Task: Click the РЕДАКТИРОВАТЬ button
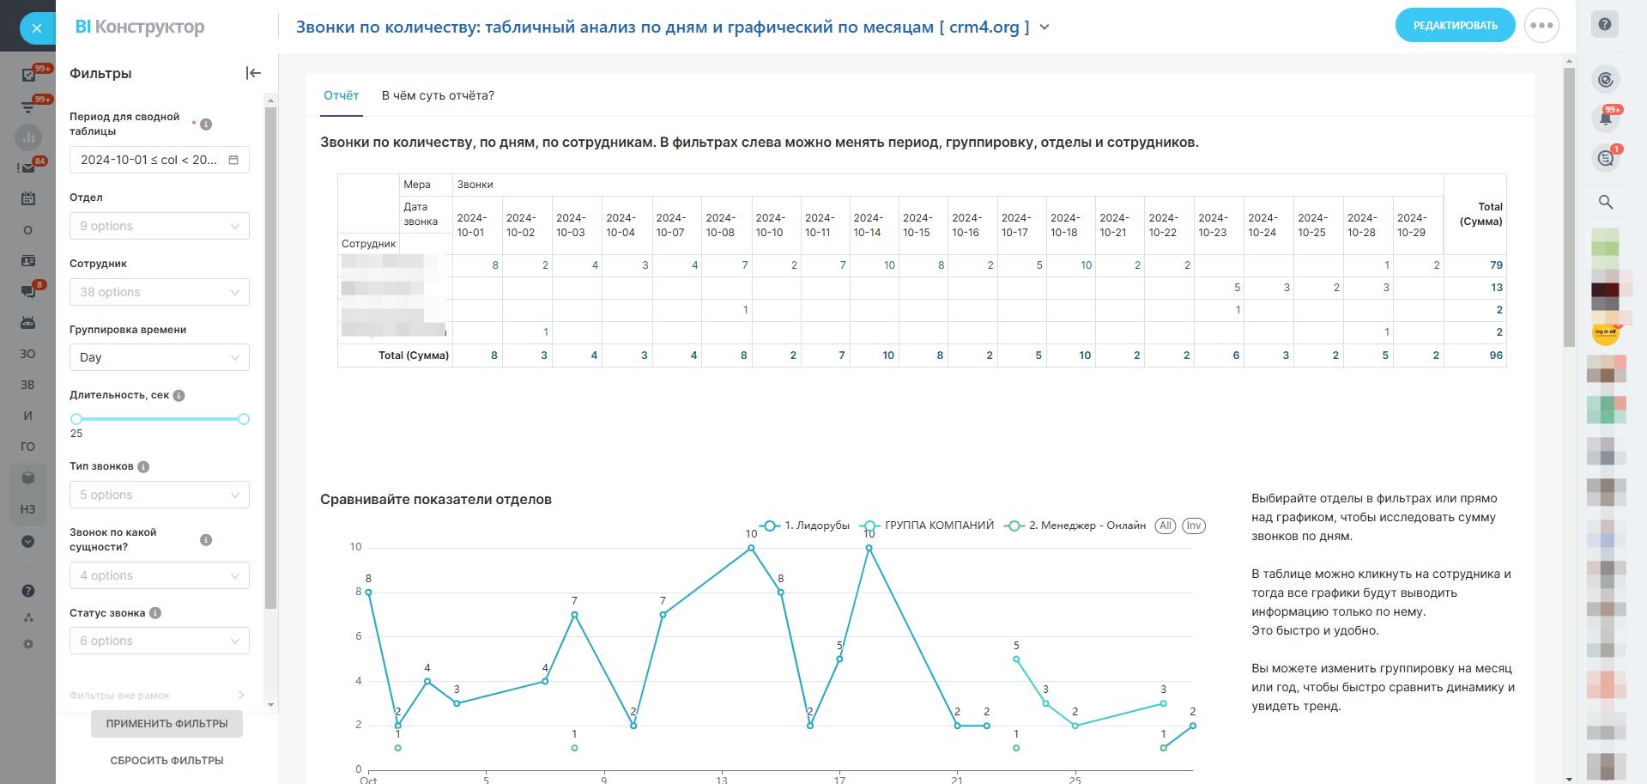click(x=1455, y=26)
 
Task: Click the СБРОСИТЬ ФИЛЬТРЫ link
click(x=167, y=760)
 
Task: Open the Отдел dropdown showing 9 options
click(x=160, y=226)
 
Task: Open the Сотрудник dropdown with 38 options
click(x=160, y=292)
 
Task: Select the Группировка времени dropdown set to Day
click(x=160, y=357)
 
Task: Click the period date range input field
click(x=160, y=160)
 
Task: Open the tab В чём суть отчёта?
click(x=438, y=95)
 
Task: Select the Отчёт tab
click(x=341, y=95)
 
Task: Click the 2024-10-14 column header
click(x=868, y=225)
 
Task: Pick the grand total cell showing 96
click(x=1496, y=355)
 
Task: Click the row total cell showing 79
click(x=1496, y=265)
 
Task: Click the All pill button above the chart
click(x=1165, y=526)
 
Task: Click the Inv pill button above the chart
click(x=1193, y=526)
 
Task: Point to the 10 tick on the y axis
click(x=355, y=547)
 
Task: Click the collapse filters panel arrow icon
click(x=252, y=73)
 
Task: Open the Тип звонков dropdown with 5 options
click(x=160, y=495)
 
